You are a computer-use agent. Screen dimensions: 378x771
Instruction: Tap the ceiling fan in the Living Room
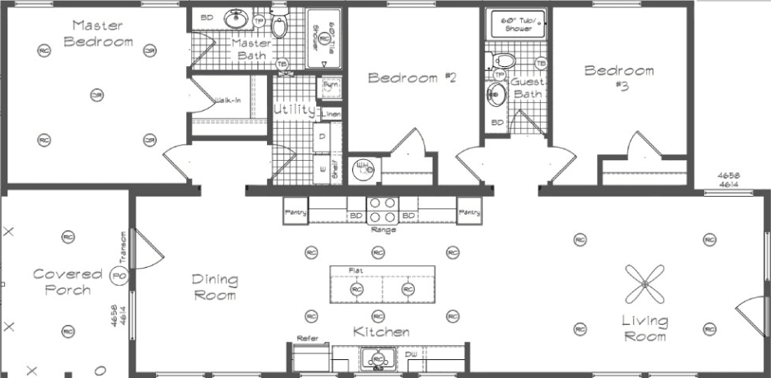pos(644,285)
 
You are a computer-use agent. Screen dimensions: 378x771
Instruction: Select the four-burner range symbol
pos(381,210)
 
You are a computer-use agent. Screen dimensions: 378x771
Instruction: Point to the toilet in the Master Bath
pos(280,26)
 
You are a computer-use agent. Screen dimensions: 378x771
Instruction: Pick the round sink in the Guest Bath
pos(496,95)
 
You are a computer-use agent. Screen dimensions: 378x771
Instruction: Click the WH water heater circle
pos(364,170)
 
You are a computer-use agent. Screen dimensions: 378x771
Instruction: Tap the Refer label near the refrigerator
pos(307,337)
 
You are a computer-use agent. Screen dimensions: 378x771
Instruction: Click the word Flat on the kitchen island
pos(356,269)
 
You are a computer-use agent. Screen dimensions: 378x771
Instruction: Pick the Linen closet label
pos(331,113)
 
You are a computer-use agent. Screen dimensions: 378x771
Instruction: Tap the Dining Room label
pos(215,287)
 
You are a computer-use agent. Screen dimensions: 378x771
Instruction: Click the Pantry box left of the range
pos(296,211)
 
